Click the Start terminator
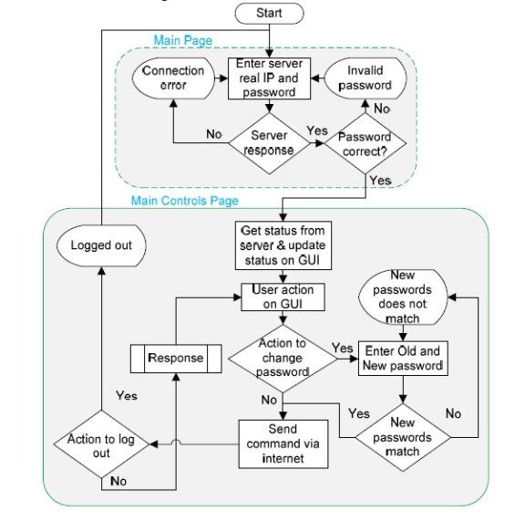point(269,14)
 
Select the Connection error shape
point(173,78)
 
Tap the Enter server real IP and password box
point(269,78)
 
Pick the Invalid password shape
point(365,78)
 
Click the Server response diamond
point(269,143)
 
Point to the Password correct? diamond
point(365,143)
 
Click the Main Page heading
point(183,40)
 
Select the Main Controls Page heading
point(185,201)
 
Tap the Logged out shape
point(101,245)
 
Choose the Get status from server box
point(283,245)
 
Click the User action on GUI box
point(283,297)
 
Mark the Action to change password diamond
point(283,359)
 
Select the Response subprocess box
point(176,359)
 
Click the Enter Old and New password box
point(403,359)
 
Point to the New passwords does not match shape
point(403,297)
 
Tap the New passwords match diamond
point(403,437)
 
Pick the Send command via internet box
point(283,443)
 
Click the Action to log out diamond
point(101,444)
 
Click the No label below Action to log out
point(118,482)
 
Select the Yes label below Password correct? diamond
point(381,181)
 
